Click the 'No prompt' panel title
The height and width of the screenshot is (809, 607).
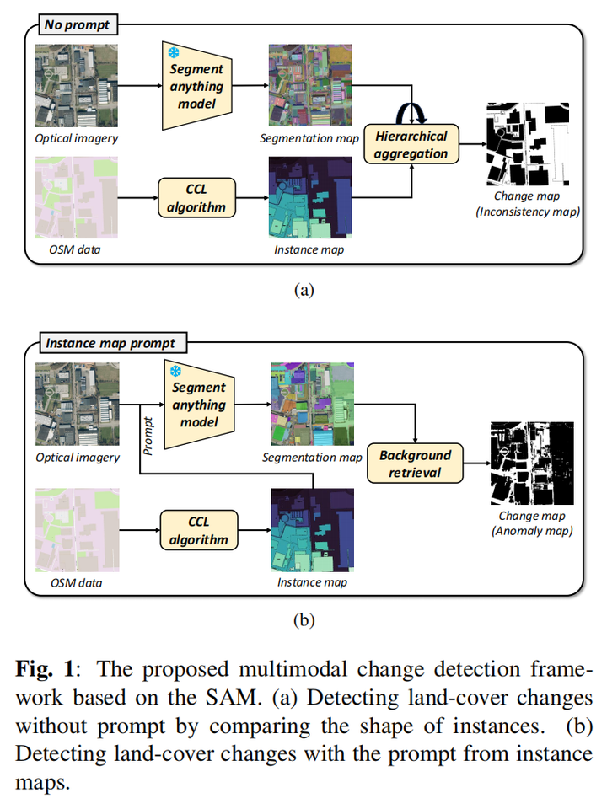click(77, 24)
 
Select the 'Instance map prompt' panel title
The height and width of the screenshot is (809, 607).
click(110, 343)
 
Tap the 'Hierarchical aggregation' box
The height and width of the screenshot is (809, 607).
click(411, 145)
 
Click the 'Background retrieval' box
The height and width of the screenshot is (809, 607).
click(415, 463)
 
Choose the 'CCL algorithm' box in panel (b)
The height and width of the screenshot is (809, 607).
click(198, 531)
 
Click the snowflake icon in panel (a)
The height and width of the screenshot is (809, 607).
click(175, 53)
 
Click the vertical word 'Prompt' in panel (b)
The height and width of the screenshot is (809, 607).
click(148, 437)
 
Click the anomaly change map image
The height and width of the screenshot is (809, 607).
click(531, 463)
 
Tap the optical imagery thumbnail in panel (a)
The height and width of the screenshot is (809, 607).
click(77, 87)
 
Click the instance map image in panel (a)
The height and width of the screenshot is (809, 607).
click(309, 199)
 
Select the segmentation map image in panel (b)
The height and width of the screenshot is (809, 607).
click(312, 405)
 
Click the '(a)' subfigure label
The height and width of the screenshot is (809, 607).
click(303, 291)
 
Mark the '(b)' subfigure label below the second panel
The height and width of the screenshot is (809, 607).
click(303, 621)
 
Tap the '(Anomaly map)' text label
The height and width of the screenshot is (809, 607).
click(531, 531)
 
